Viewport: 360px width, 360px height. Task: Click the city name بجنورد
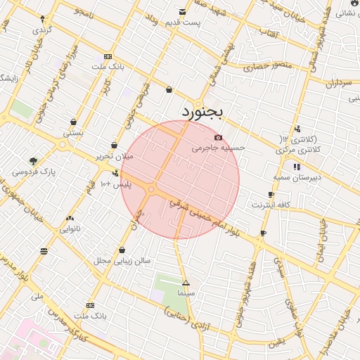point(202,112)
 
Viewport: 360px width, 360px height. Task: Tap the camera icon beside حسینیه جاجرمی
point(218,137)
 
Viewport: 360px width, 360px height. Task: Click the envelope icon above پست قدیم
point(183,12)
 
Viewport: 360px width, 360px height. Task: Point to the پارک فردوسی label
point(34,171)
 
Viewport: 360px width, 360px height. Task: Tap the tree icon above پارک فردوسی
point(34,160)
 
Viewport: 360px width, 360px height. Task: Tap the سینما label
point(186,292)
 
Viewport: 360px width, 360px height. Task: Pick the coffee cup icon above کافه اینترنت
point(271,195)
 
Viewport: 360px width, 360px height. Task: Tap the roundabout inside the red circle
point(151,188)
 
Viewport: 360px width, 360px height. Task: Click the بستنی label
point(73,132)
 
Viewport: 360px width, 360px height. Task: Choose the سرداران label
point(337,83)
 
